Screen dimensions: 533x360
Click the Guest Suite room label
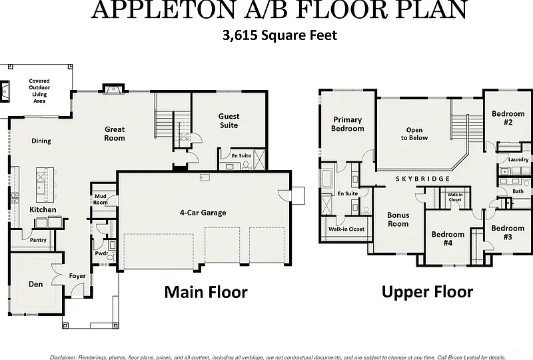click(x=229, y=121)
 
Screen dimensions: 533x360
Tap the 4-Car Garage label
click(x=203, y=213)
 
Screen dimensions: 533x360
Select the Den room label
click(x=35, y=284)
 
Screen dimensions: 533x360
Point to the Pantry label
click(x=38, y=240)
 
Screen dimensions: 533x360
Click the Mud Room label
click(x=101, y=199)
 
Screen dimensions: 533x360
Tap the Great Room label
click(x=115, y=134)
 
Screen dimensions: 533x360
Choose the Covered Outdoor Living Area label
click(x=39, y=91)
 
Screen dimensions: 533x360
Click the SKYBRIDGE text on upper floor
click(x=423, y=179)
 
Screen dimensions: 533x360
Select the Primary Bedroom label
click(x=347, y=124)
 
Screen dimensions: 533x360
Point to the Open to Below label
click(x=414, y=134)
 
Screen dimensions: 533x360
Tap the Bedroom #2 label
click(x=508, y=118)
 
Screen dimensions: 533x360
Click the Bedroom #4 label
click(x=448, y=239)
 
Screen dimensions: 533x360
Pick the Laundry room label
click(x=518, y=159)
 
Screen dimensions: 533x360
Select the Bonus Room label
click(x=398, y=219)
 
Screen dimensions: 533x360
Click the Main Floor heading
click(x=206, y=292)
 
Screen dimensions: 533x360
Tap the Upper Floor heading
click(x=427, y=292)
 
